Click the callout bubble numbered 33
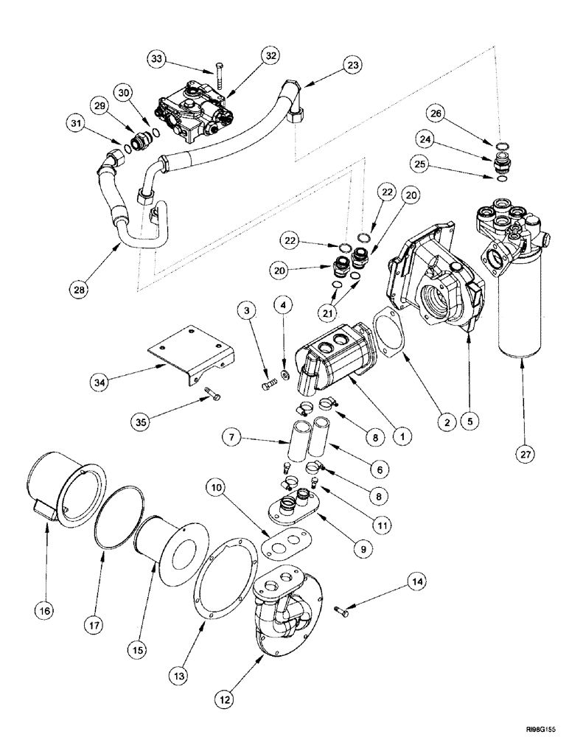[156, 59]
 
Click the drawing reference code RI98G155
[538, 725]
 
